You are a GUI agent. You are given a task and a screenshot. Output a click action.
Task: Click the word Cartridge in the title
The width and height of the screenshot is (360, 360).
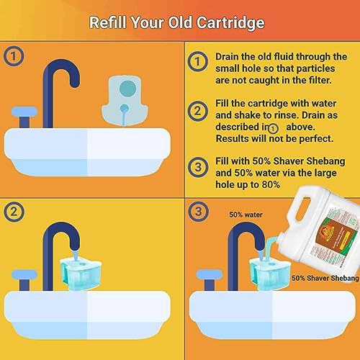pyautogui.click(x=225, y=22)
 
